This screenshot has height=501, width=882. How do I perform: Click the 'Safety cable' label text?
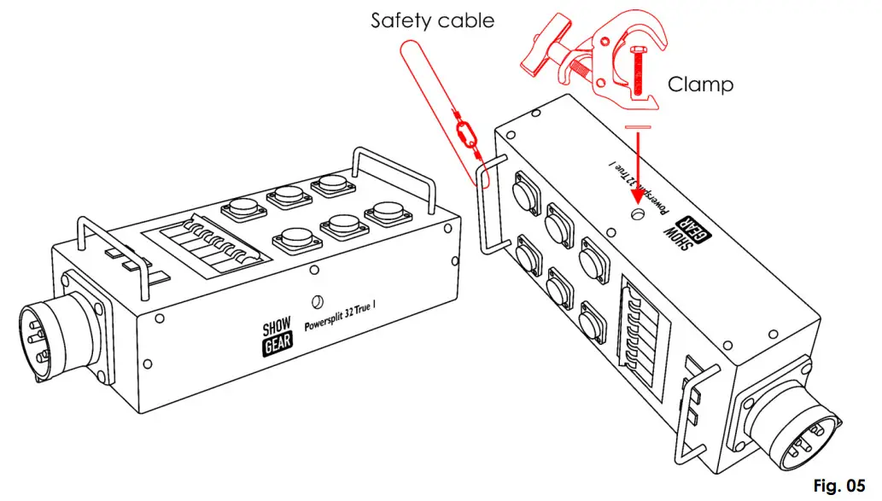click(432, 20)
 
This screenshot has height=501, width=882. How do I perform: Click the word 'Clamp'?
click(699, 84)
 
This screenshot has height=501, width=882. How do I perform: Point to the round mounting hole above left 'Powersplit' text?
click(317, 300)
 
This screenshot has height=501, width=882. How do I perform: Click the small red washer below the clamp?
click(637, 127)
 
